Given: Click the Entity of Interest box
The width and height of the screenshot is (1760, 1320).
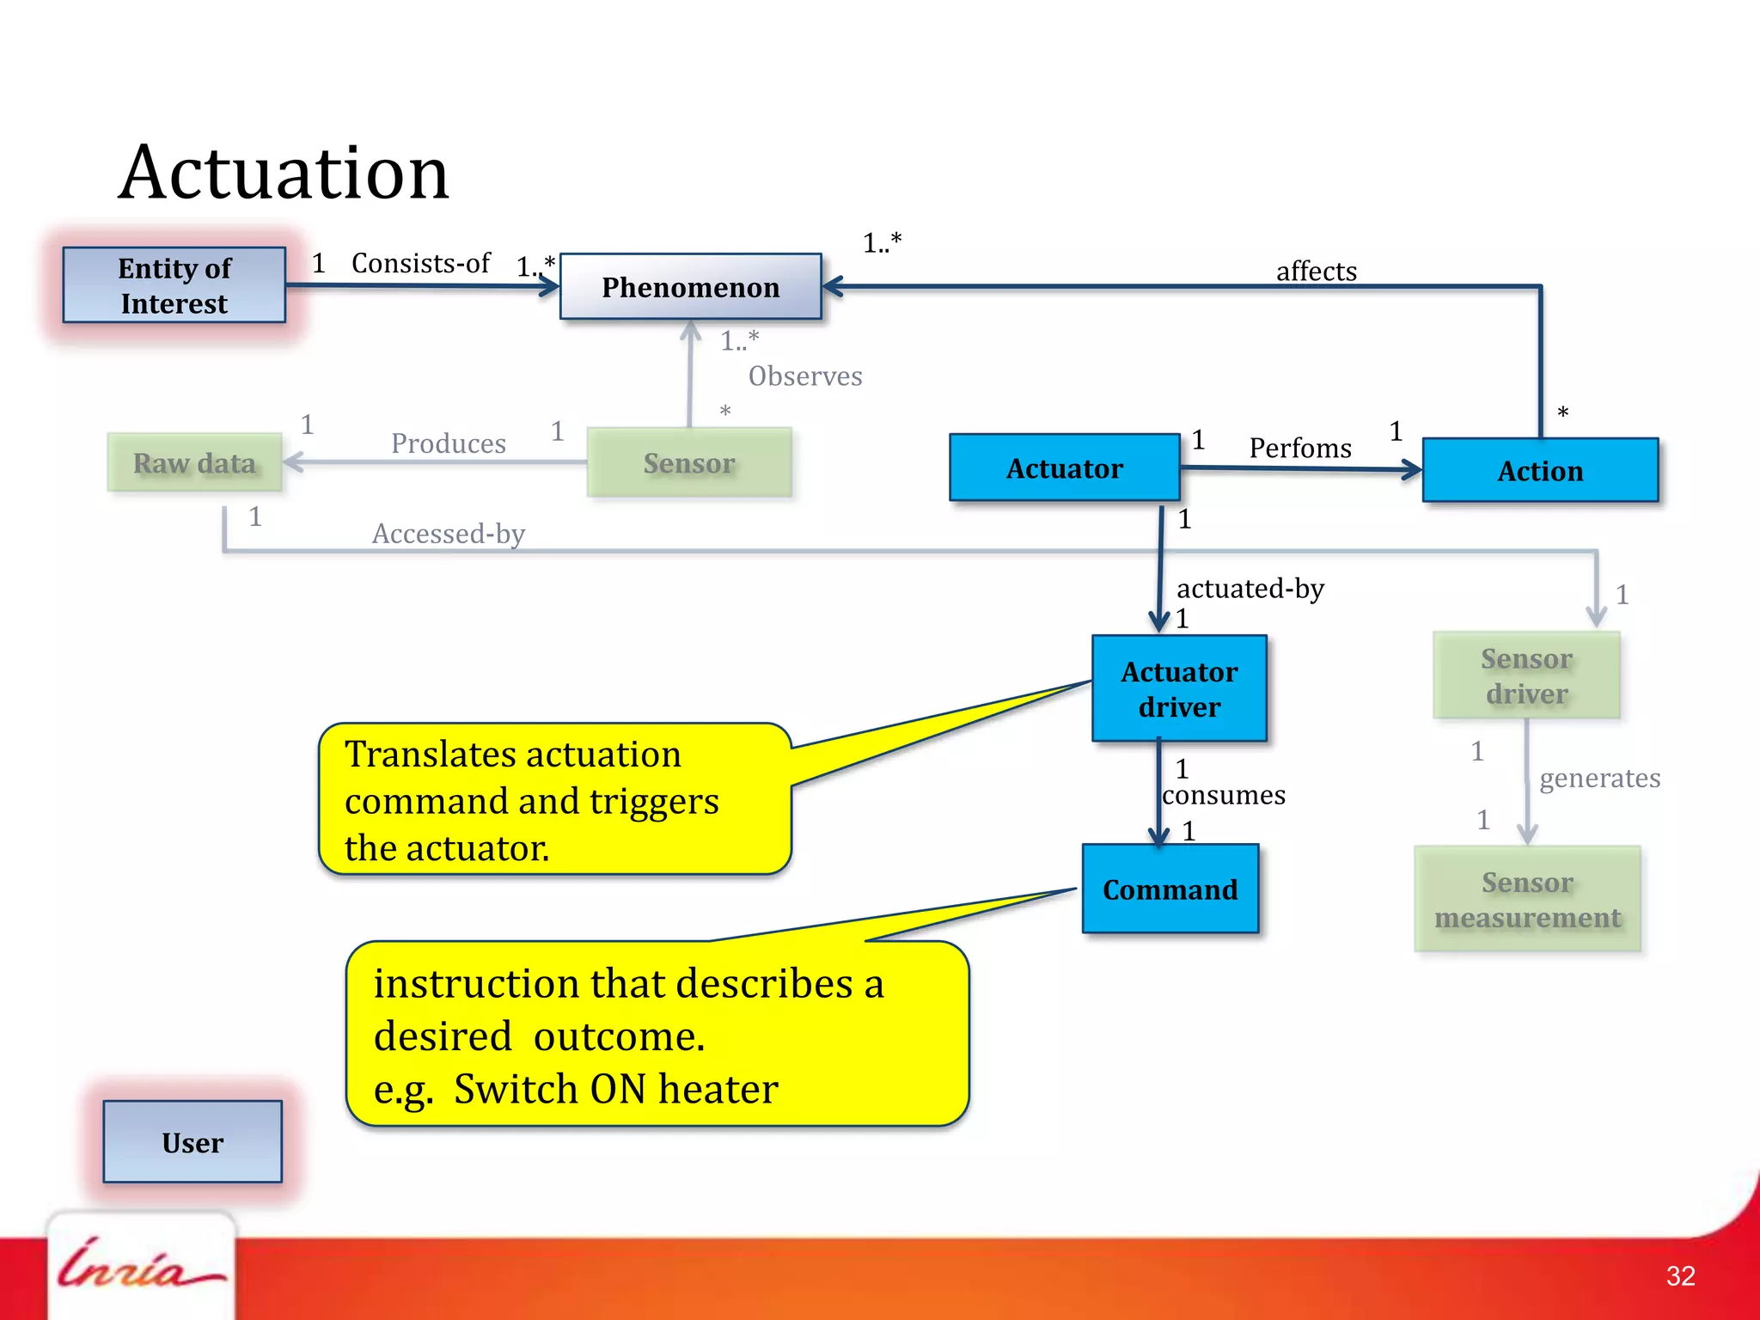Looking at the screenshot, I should [x=174, y=285].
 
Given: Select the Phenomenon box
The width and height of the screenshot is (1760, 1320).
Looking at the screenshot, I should [x=691, y=287].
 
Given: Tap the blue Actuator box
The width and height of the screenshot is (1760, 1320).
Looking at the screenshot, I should [x=1064, y=468].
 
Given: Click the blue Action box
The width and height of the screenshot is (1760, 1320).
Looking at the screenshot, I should [x=1540, y=471].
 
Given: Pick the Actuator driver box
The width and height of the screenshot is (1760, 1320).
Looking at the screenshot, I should [x=1179, y=689].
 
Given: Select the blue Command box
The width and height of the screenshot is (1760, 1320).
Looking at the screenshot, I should [x=1170, y=889].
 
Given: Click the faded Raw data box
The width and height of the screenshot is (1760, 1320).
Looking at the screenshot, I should [x=195, y=463].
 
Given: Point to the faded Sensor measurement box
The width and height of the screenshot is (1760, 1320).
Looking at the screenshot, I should [x=1527, y=900].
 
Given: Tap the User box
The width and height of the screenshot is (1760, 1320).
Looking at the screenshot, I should [x=192, y=1142].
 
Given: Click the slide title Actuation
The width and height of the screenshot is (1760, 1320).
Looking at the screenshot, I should [x=284, y=173].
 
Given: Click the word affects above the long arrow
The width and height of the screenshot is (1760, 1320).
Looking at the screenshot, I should [x=1316, y=272].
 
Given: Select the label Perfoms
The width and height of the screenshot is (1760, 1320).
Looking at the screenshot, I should [x=1299, y=448].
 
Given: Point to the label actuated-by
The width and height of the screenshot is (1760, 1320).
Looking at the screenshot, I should [x=1250, y=589].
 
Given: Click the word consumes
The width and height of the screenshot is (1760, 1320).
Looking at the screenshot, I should [x=1224, y=795].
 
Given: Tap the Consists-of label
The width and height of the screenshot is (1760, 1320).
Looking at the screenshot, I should [x=420, y=263].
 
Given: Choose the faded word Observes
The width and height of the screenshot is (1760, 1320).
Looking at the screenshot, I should [x=804, y=376].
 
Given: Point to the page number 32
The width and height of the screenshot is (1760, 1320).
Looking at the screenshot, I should [x=1680, y=1276].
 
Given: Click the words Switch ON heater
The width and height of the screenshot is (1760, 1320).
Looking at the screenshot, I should [x=615, y=1090].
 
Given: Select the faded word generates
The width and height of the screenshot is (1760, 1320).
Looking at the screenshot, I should [x=1599, y=778].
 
